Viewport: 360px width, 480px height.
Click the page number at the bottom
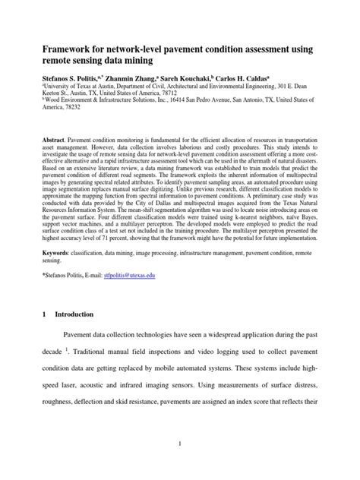[x=180, y=443]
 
